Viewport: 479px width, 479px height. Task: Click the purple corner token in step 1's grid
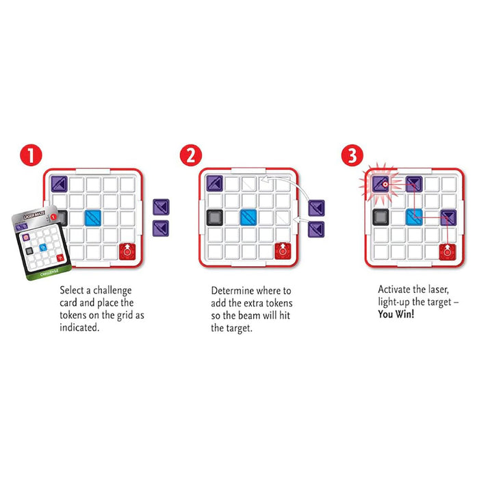[59, 183]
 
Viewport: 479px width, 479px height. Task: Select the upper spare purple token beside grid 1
[161, 207]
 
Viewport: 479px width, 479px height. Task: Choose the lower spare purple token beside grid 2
[316, 228]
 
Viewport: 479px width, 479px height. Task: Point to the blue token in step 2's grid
[249, 218]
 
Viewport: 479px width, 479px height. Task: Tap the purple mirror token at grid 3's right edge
[448, 218]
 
